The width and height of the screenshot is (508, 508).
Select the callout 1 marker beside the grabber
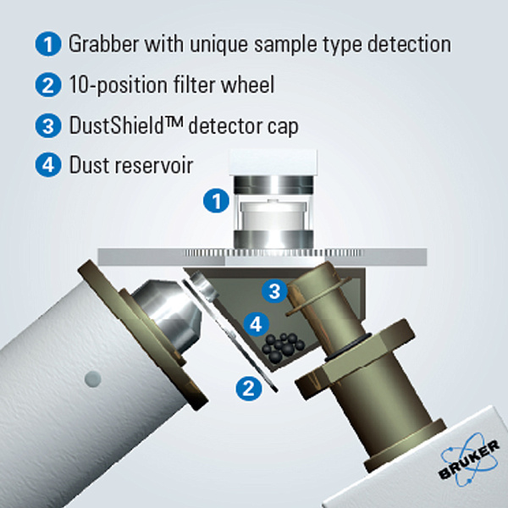click(218, 202)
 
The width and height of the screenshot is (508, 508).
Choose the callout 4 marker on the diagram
click(257, 323)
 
